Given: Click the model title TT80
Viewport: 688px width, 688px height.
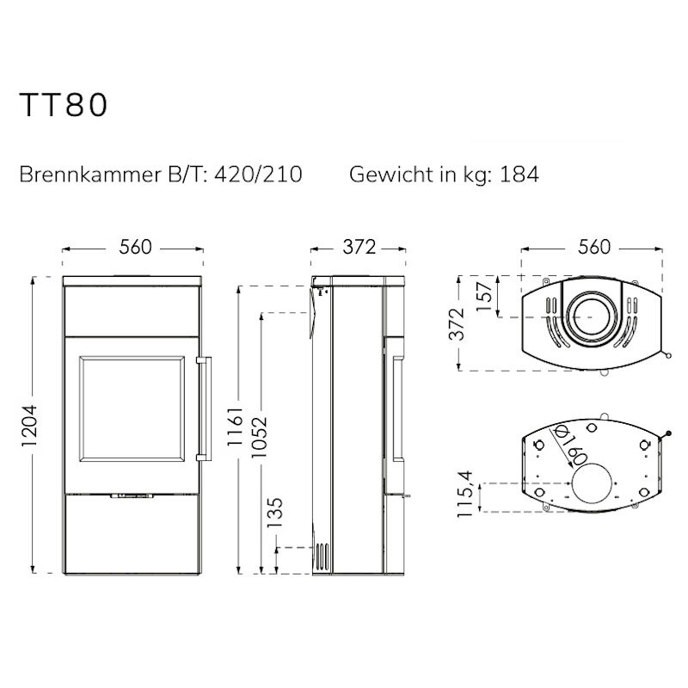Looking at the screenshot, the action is [x=64, y=105].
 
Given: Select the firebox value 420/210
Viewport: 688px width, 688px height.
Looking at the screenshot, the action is [x=258, y=175].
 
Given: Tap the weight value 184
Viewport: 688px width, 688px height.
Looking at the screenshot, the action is [x=519, y=175].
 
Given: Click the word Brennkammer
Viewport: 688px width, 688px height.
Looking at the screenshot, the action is [x=90, y=175].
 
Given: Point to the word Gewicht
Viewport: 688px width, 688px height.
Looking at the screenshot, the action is [x=391, y=175].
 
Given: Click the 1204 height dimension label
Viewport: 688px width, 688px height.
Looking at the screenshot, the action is [x=29, y=426].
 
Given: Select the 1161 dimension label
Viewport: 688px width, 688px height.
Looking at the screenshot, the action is [x=235, y=426].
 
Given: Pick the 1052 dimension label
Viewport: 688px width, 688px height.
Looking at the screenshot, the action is [x=259, y=437].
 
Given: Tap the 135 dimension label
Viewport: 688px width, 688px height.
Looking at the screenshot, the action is [x=275, y=513].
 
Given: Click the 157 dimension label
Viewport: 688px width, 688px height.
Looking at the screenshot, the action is [x=485, y=297].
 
